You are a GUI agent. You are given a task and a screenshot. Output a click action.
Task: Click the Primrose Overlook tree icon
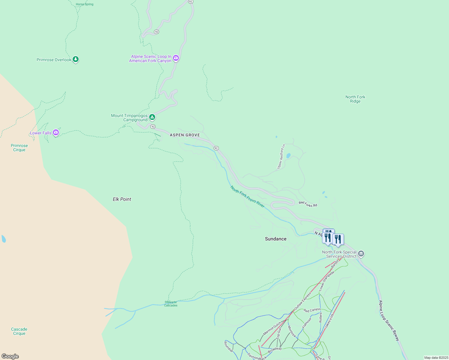pyautogui.click(x=76, y=59)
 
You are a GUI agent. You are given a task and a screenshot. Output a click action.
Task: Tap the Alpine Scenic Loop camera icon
pyautogui.click(x=176, y=58)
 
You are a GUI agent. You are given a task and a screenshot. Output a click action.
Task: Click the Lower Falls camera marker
pyautogui.click(x=56, y=132)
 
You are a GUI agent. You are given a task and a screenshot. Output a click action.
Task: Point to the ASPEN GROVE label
pyautogui.click(x=185, y=135)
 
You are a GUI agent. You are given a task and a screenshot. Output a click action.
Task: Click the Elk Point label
pyautogui.click(x=122, y=199)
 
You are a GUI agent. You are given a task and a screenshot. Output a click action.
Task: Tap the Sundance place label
pyautogui.click(x=276, y=239)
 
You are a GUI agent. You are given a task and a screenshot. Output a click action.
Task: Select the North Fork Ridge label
pyautogui.click(x=355, y=99)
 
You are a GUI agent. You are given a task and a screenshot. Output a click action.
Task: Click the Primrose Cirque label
pyautogui.click(x=19, y=148)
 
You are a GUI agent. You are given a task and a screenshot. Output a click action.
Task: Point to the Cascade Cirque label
pyautogui.click(x=19, y=331)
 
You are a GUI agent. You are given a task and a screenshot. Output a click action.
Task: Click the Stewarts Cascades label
pyautogui.click(x=171, y=304)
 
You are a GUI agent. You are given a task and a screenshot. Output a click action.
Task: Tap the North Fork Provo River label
pyautogui.click(x=247, y=196)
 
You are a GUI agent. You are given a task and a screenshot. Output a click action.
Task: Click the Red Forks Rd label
pyautogui.click(x=308, y=204)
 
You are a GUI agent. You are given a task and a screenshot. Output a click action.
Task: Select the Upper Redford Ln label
pyautogui.click(x=281, y=157)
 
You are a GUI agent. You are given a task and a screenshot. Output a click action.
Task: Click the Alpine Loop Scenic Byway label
pyautogui.click(x=389, y=320)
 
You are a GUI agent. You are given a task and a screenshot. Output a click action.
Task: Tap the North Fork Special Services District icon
pyautogui.click(x=361, y=254)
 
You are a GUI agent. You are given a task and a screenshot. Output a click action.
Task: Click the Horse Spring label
pyautogui.click(x=85, y=4)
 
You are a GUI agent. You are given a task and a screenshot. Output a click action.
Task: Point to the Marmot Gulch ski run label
pyautogui.click(x=272, y=328)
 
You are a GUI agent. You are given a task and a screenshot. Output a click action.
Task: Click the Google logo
pyautogui.click(x=10, y=356)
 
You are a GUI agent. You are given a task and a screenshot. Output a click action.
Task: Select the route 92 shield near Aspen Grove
pyautogui.click(x=216, y=148)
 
